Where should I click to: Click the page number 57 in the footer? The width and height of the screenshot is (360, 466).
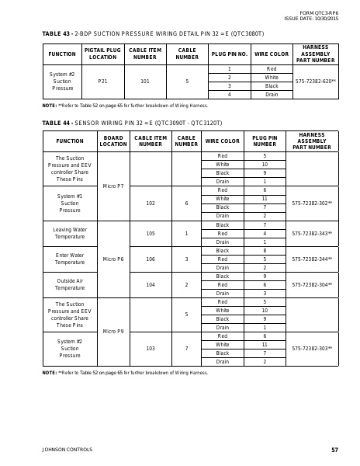pyautogui.click(x=334, y=450)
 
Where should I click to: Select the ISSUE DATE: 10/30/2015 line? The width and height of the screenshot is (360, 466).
pyautogui.click(x=311, y=18)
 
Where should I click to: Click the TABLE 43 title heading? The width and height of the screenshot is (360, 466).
pyautogui.click(x=153, y=34)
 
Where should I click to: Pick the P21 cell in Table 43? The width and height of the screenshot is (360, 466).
pyautogui.click(x=102, y=81)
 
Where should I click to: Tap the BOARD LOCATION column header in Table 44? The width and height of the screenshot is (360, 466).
pyautogui.click(x=113, y=141)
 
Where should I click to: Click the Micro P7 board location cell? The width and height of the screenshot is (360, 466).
pyautogui.click(x=113, y=186)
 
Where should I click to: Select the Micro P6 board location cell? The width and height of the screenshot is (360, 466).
pyautogui.click(x=113, y=259)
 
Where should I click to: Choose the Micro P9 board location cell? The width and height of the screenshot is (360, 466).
pyautogui.click(x=113, y=332)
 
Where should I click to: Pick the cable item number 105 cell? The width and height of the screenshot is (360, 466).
pyautogui.click(x=151, y=234)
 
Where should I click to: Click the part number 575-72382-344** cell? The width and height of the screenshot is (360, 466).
pyautogui.click(x=312, y=259)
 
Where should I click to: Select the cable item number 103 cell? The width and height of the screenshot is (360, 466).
pyautogui.click(x=151, y=349)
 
